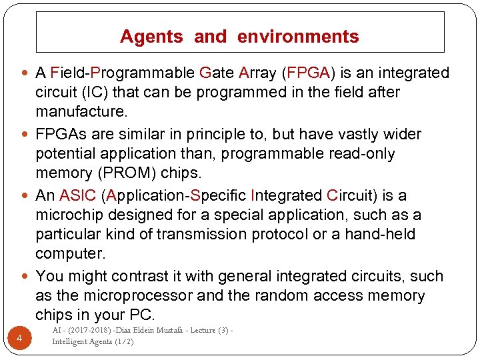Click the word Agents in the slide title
[151, 37]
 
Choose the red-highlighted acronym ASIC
[79, 196]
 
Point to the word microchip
[69, 215]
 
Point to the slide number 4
[19, 339]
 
